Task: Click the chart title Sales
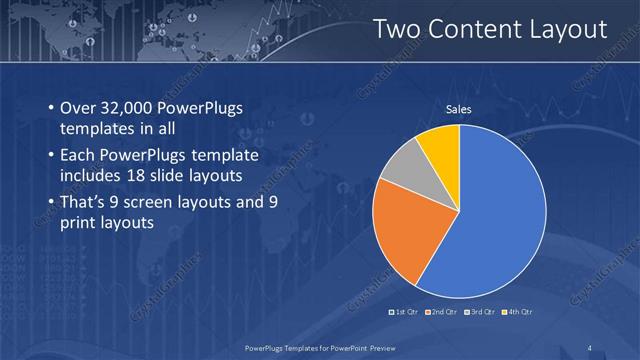pyautogui.click(x=459, y=110)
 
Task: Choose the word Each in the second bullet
pyautogui.click(x=80, y=157)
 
